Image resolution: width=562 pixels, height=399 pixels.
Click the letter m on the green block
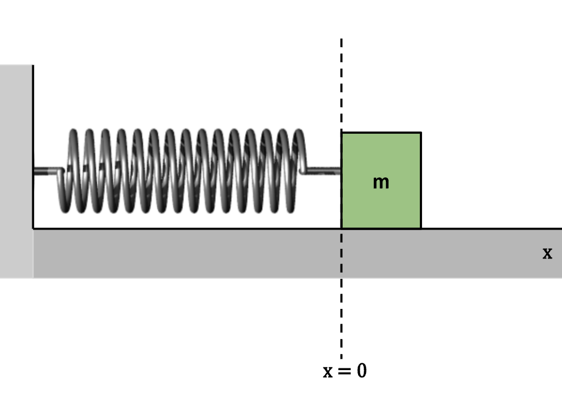(x=381, y=182)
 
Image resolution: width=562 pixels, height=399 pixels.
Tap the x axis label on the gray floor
(x=547, y=253)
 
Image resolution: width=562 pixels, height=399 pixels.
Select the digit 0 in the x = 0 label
(x=360, y=371)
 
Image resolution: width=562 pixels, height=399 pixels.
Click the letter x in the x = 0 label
(x=328, y=372)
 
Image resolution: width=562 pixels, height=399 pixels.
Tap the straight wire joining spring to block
(x=323, y=169)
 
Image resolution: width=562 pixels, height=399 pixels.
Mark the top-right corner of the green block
(x=420, y=133)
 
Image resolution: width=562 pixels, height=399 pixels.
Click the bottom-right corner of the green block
(x=420, y=228)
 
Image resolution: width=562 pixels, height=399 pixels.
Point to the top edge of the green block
(x=381, y=133)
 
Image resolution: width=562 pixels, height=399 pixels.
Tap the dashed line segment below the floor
(x=341, y=317)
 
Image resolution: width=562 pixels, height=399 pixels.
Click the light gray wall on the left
(x=16, y=170)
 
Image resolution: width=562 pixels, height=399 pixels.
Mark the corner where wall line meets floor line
(x=33, y=228)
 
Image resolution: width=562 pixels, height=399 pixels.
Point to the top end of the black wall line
(x=33, y=66)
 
